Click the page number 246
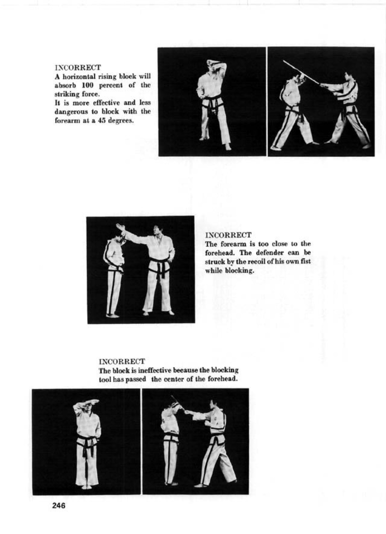click(x=59, y=506)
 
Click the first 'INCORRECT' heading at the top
click(x=78, y=67)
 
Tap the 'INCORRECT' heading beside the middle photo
click(x=228, y=235)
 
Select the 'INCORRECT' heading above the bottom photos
click(x=122, y=362)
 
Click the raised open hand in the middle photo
click(x=120, y=227)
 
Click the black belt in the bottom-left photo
click(x=87, y=441)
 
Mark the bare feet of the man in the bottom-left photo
click(x=87, y=487)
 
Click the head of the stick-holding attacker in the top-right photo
click(x=349, y=77)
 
